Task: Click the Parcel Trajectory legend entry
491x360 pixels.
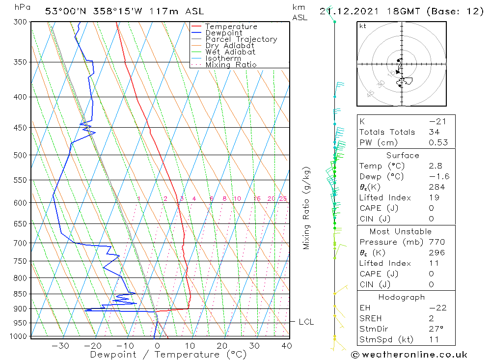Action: tap(241, 39)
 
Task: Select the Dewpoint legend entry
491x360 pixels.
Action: tap(223, 33)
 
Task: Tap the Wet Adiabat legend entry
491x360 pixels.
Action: tap(230, 52)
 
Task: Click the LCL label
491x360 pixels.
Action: tap(306, 322)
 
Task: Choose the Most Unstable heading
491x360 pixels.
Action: tap(401, 231)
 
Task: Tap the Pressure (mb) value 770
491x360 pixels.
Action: tap(436, 242)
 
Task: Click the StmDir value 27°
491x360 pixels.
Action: tap(436, 329)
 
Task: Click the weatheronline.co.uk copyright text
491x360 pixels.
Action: tap(409, 355)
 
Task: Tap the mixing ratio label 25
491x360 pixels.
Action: tap(283, 199)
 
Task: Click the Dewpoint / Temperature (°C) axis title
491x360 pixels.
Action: tap(168, 355)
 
